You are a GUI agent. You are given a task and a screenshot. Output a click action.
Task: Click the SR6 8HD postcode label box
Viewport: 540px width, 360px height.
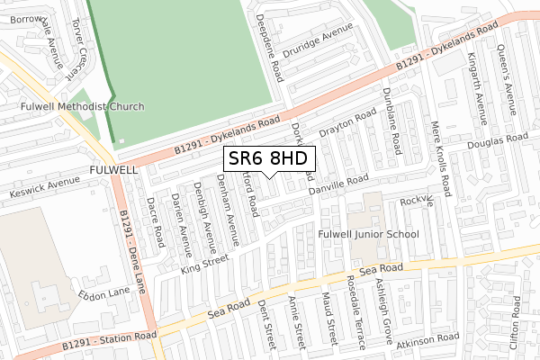[269, 158]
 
